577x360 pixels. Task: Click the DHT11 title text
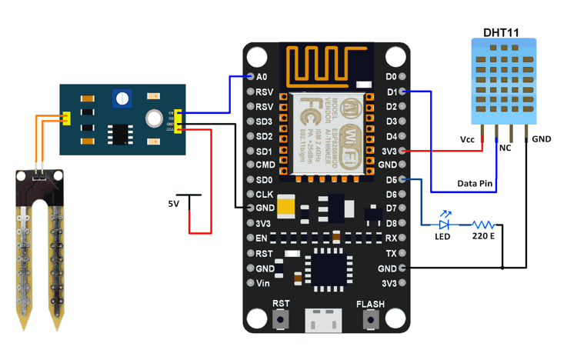pyautogui.click(x=500, y=32)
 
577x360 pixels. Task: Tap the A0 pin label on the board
pyautogui.click(x=262, y=77)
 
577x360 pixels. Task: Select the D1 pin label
pyautogui.click(x=391, y=92)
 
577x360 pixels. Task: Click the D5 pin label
pyautogui.click(x=391, y=180)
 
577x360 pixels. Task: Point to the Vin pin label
pyautogui.click(x=263, y=283)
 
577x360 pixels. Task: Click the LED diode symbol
pyautogui.click(x=444, y=225)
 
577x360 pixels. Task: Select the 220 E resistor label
pyautogui.click(x=483, y=236)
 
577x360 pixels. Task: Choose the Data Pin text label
pyautogui.click(x=475, y=184)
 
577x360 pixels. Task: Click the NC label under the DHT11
pyautogui.click(x=505, y=148)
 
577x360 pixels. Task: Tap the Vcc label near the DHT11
pyautogui.click(x=468, y=139)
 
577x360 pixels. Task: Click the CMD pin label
pyautogui.click(x=265, y=165)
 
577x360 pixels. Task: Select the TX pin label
pyautogui.click(x=391, y=253)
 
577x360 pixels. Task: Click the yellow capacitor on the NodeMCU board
pyautogui.click(x=287, y=206)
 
